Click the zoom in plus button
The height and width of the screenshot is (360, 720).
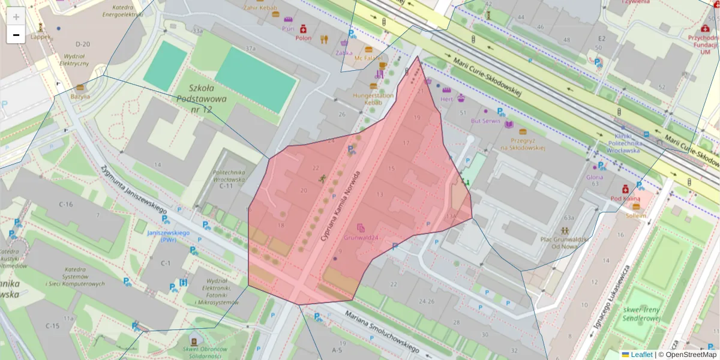coord(16,16)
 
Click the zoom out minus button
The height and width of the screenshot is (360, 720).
coord(16,35)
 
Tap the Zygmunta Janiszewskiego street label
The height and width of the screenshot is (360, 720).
coord(133,190)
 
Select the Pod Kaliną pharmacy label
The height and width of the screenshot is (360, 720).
coord(625,198)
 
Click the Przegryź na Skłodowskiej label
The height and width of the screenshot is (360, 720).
coord(523,143)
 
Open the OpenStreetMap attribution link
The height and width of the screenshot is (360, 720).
coord(691,355)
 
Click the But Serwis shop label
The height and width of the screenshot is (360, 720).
coord(485,121)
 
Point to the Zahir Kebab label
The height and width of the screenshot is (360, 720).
coord(260,8)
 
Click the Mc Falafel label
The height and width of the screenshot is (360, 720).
coord(368,58)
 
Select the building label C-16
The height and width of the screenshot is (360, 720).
coord(65,205)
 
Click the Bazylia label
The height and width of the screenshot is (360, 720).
coord(80,96)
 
